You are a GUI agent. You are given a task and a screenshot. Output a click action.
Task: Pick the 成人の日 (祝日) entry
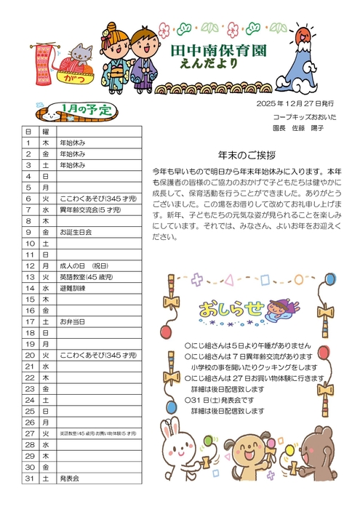tap(84, 265)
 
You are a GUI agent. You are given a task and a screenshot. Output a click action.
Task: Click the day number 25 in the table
tap(30, 411)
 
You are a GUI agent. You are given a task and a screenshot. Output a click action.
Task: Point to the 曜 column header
tap(46, 132)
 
